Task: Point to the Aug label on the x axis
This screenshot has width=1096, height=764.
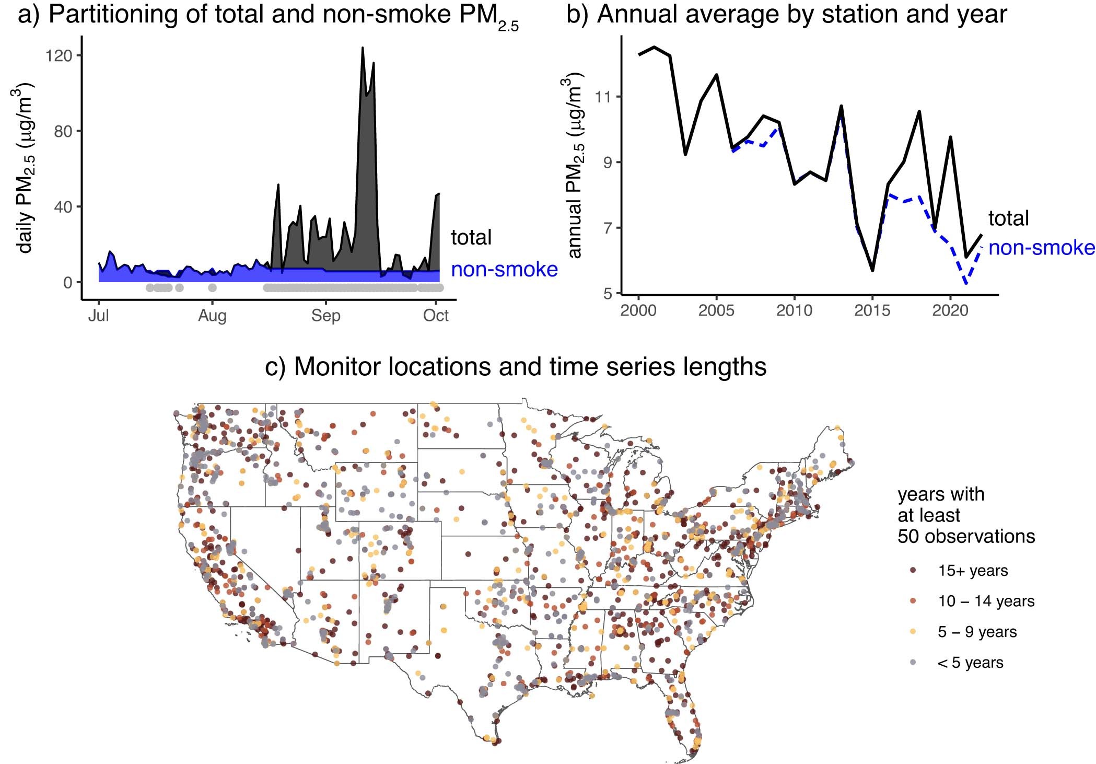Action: coord(212,316)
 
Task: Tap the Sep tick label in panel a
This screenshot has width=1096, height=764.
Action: coord(325,316)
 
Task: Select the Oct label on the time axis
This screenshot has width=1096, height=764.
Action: coord(436,316)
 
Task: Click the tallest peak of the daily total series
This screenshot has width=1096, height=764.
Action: coord(362,48)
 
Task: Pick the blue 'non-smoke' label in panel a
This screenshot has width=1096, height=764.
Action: coord(504,270)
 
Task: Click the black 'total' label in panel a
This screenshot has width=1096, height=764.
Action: coord(471,237)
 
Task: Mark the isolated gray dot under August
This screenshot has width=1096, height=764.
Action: coord(212,287)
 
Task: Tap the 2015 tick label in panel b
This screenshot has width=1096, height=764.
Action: coord(872,310)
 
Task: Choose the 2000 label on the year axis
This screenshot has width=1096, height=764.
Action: coord(638,310)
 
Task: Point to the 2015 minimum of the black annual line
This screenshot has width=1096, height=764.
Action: coord(872,270)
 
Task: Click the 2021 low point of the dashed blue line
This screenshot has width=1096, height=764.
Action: coord(966,284)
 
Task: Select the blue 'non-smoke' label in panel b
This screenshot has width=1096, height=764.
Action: coord(1041,248)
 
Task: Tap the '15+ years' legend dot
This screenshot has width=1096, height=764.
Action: coord(913,571)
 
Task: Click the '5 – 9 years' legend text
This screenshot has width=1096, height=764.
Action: coord(977,632)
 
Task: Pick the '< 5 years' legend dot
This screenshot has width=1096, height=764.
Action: coord(913,663)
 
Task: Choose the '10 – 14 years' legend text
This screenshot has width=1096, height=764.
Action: coord(986,601)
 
